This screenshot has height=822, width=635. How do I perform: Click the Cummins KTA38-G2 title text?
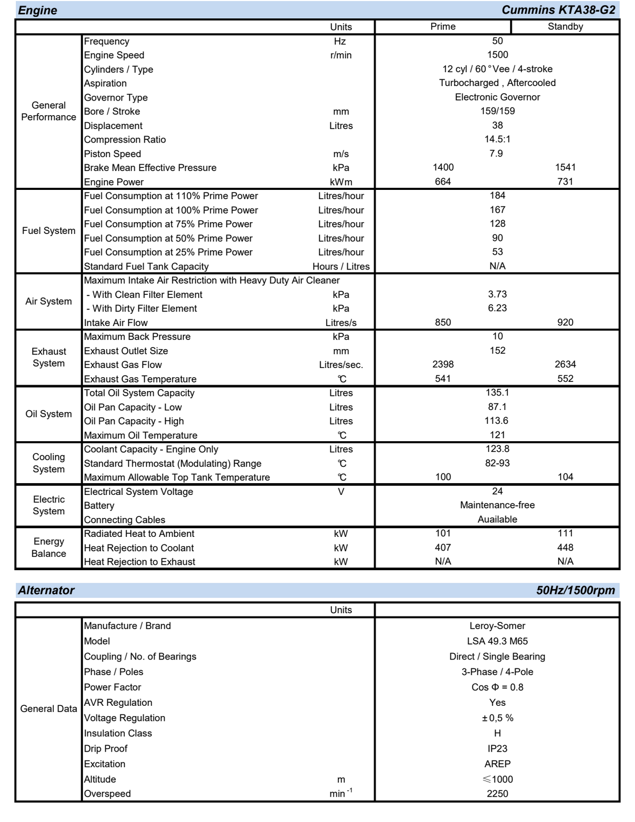click(x=558, y=10)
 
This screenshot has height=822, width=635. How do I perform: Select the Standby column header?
click(x=565, y=26)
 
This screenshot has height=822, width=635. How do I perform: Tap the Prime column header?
click(x=443, y=26)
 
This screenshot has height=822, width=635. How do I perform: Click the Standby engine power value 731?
click(x=565, y=182)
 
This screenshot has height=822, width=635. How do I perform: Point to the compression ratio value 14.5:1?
click(x=497, y=139)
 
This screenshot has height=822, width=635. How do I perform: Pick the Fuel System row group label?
click(x=48, y=231)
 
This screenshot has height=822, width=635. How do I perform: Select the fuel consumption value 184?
click(x=497, y=196)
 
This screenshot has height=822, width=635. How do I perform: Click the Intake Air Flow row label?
click(x=116, y=323)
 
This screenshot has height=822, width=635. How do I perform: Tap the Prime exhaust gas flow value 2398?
click(x=443, y=365)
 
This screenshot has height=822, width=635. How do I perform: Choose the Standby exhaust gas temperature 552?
click(x=565, y=379)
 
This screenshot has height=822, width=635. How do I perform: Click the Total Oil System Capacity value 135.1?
click(x=497, y=393)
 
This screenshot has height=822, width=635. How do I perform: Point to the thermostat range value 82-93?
click(x=497, y=463)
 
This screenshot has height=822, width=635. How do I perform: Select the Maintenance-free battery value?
click(x=497, y=505)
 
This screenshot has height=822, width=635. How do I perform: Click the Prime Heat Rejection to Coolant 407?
click(x=443, y=548)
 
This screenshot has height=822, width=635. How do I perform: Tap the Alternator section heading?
click(x=46, y=590)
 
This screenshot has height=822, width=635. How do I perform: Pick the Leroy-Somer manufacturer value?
click(x=497, y=626)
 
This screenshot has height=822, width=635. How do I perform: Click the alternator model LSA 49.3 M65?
click(x=497, y=641)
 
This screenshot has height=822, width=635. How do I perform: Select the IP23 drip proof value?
click(x=497, y=748)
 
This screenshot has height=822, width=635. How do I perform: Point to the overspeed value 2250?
click(x=497, y=793)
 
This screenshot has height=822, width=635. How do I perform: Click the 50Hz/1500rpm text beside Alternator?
click(x=575, y=590)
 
